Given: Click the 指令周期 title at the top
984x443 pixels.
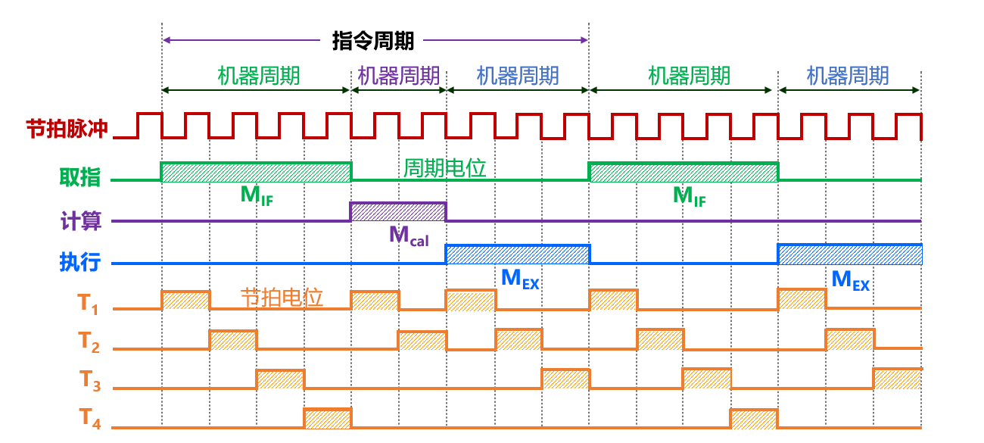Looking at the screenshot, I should [x=373, y=41].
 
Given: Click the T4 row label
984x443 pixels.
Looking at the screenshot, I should [x=89, y=419].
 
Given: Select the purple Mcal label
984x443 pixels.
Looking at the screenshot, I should [x=409, y=236].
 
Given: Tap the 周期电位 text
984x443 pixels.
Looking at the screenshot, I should [x=444, y=167].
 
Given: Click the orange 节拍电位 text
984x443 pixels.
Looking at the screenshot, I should [x=282, y=297].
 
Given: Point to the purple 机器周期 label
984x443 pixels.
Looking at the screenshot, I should [x=399, y=76].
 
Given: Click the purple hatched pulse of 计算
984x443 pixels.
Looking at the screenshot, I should [x=398, y=212].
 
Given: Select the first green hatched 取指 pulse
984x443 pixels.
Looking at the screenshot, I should [x=256, y=172].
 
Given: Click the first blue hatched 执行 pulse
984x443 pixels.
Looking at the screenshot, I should [x=517, y=254].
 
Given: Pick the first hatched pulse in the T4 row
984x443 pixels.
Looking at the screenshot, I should [x=328, y=418].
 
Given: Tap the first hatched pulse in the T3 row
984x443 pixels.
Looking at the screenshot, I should [x=280, y=379].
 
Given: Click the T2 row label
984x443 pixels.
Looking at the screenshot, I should [x=89, y=342].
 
